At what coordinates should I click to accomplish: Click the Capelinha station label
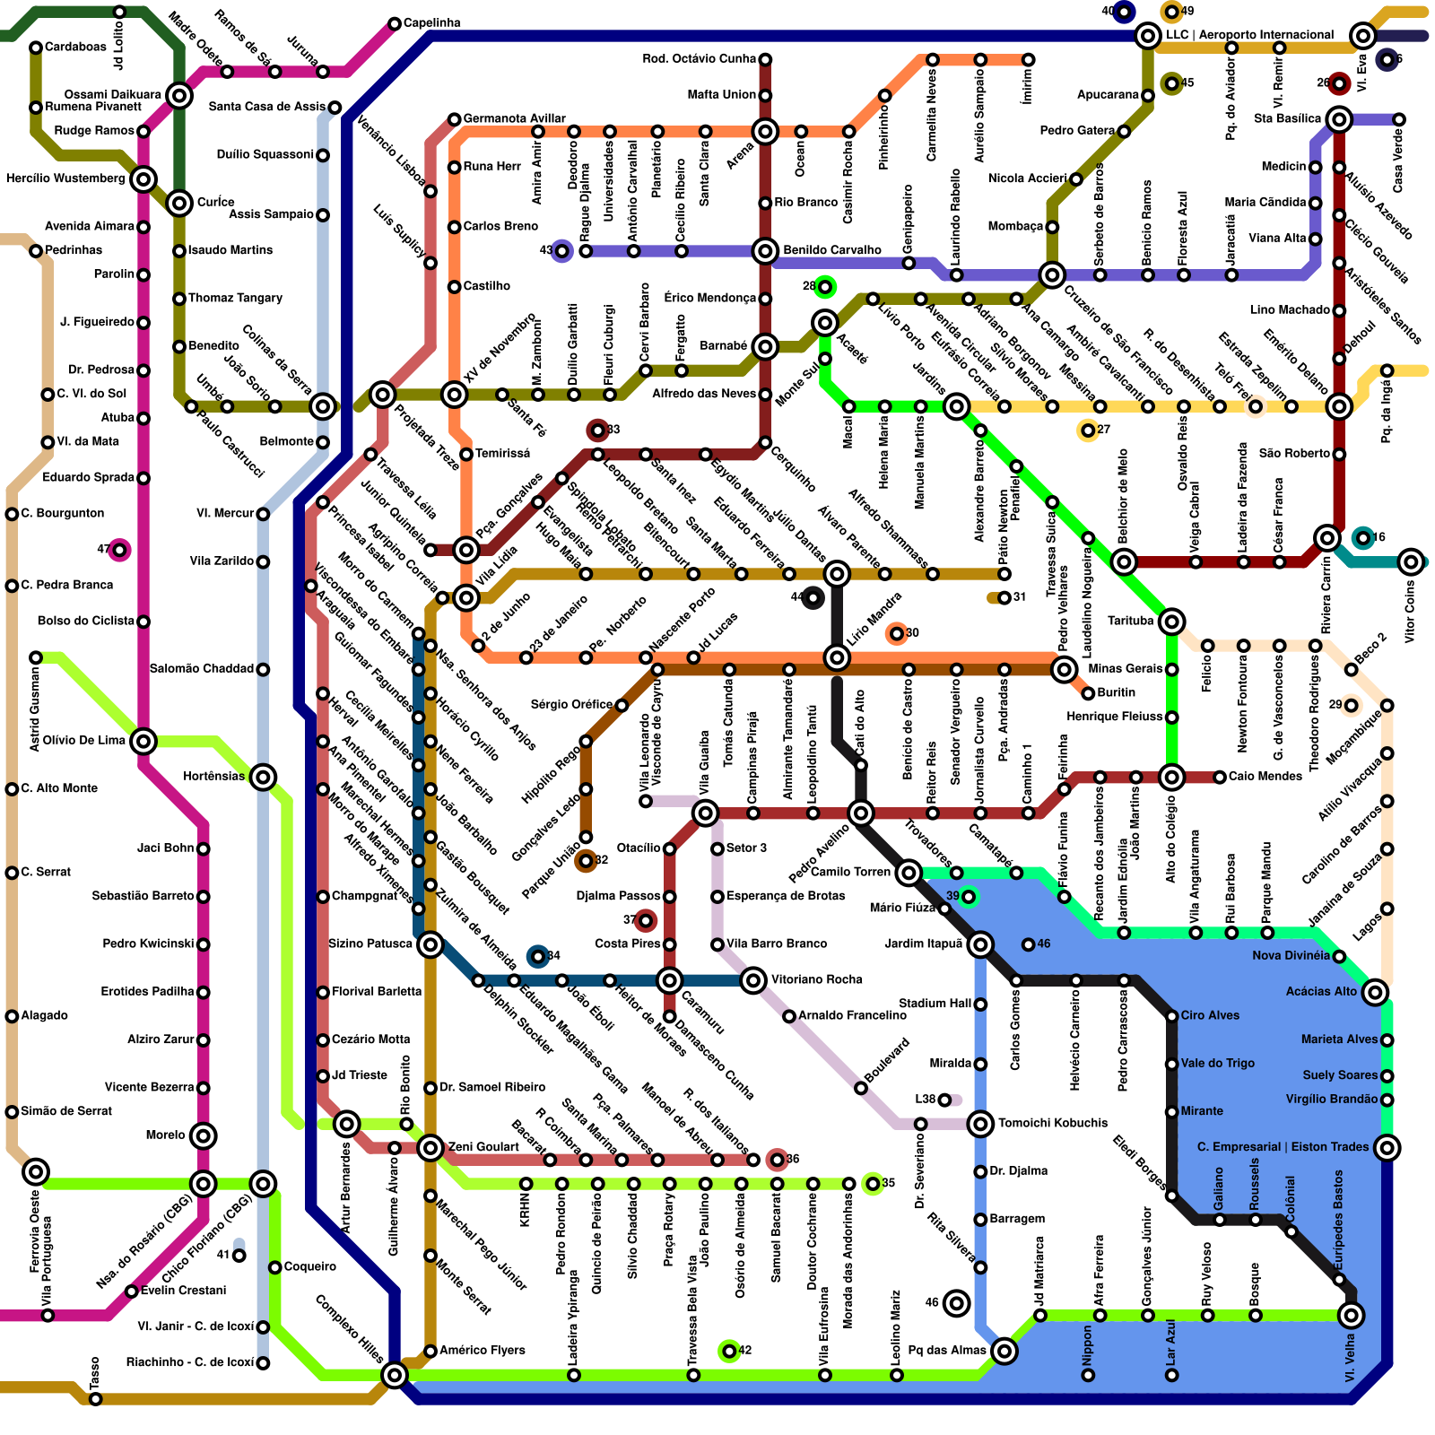431,22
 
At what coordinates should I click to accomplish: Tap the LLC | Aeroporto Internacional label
1249,35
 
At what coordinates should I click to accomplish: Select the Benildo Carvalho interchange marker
765,250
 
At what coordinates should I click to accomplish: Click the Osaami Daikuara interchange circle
179,95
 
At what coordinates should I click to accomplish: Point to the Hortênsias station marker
263,777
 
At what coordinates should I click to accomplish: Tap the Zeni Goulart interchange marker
430,1147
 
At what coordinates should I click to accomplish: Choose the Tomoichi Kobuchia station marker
980,1123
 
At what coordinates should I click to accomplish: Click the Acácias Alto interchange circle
1375,992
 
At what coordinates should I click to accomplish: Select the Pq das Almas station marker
1004,1351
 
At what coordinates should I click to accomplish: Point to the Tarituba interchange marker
1171,621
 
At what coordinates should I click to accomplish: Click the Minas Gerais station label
1125,668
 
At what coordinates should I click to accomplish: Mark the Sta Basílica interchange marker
1339,118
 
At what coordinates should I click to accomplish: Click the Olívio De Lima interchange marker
143,741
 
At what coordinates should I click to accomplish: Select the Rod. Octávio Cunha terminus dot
765,59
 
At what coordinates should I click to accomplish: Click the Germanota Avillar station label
514,118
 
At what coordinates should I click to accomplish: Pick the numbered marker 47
119,549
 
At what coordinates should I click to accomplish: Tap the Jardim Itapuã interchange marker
980,944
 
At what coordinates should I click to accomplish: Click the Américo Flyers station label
483,1350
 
